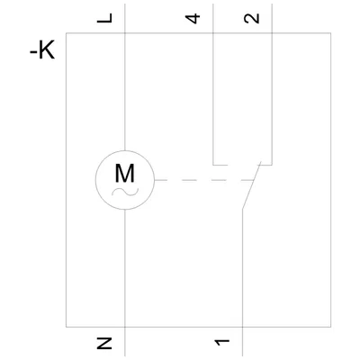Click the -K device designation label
(x=42, y=51)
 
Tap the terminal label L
(x=104, y=18)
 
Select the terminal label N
(x=104, y=343)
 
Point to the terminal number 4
(x=193, y=18)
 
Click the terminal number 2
(x=252, y=18)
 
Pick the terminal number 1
(x=222, y=342)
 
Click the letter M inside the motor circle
(x=124, y=174)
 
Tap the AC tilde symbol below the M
(x=125, y=192)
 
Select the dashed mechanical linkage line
(x=204, y=180)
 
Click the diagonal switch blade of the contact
(x=252, y=184)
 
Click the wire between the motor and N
(x=124, y=283)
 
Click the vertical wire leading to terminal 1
(x=242, y=283)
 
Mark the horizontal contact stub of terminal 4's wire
(x=220, y=165)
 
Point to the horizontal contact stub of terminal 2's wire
(x=265, y=165)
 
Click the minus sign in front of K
(x=33, y=53)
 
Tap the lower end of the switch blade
(x=242, y=208)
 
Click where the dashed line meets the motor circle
(x=155, y=180)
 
